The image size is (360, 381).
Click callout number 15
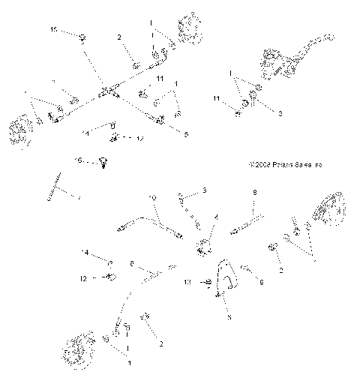[53, 28]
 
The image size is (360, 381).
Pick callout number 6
[133, 263]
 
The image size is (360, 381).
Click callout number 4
[216, 217]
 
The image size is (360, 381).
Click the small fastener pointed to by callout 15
[82, 34]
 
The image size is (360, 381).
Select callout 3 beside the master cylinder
[280, 114]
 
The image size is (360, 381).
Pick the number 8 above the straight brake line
[254, 192]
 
